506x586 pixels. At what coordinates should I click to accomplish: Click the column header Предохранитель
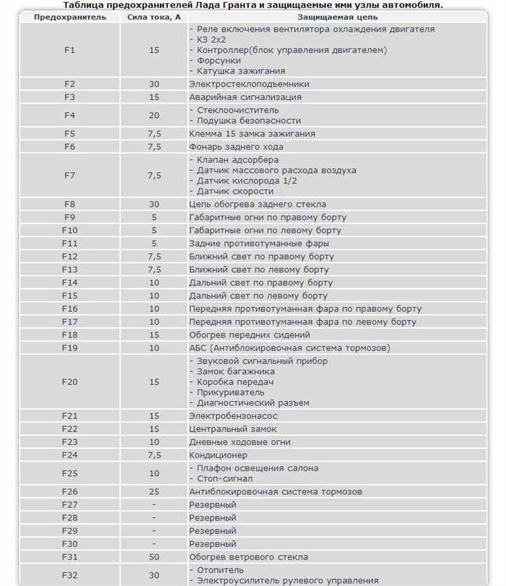click(x=70, y=17)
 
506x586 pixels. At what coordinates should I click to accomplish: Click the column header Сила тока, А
click(x=154, y=17)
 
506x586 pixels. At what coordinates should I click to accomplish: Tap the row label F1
click(x=70, y=50)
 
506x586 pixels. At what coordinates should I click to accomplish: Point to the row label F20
click(x=70, y=381)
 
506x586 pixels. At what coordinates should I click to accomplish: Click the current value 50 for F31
click(x=154, y=557)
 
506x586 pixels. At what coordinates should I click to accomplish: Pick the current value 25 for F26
click(x=154, y=491)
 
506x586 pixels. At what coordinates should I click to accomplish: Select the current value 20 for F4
click(x=154, y=115)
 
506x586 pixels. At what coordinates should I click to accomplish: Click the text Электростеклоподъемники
click(x=249, y=84)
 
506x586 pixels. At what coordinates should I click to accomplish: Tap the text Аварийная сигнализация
click(x=245, y=97)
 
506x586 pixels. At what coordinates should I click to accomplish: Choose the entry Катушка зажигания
click(x=240, y=71)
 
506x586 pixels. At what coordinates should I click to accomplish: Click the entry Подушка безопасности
click(x=248, y=121)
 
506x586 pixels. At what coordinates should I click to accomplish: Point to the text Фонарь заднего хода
click(x=236, y=146)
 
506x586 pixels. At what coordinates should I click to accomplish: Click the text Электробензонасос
click(x=233, y=416)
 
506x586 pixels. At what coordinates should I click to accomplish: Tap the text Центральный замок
click(x=233, y=429)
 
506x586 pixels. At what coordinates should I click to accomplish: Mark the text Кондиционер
click(x=218, y=455)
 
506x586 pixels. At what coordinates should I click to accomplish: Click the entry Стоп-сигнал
click(x=225, y=479)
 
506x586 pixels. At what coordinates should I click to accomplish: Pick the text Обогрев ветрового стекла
click(x=248, y=557)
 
